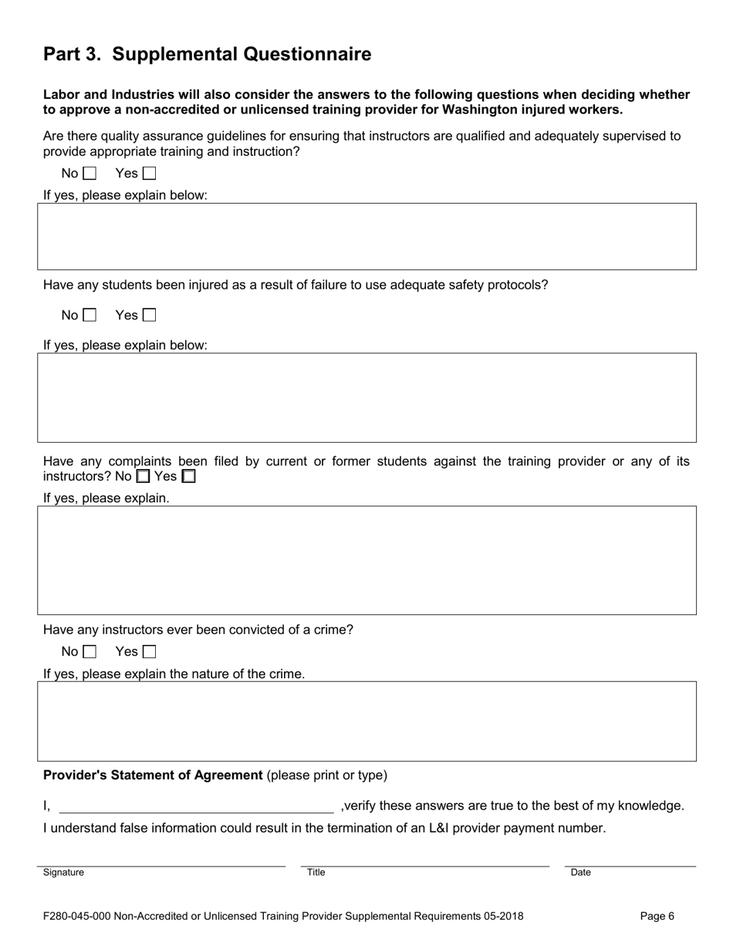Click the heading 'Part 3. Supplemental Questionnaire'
point(207,54)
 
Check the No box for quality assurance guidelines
point(90,174)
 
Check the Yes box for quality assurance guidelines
point(149,174)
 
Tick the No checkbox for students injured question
point(90,315)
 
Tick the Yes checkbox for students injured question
point(149,315)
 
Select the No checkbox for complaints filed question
point(143,477)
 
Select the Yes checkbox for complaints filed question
point(188,477)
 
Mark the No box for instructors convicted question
point(90,652)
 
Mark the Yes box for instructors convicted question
point(149,652)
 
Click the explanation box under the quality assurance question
point(366,236)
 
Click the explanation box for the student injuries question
point(366,397)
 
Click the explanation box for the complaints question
point(366,560)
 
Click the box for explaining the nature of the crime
point(366,721)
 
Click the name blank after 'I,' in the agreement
point(196,805)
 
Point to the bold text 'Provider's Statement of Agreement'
point(153,775)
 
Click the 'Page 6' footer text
point(657,917)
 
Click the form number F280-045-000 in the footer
point(77,917)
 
